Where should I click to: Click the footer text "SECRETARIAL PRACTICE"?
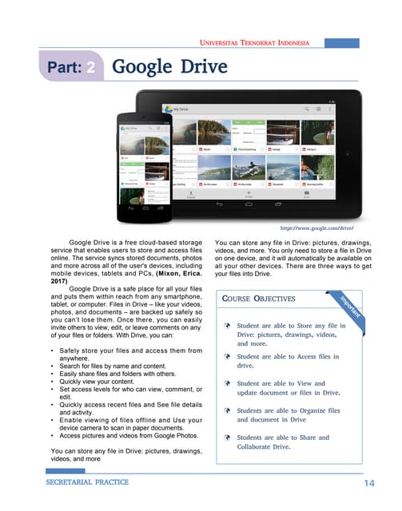tap(87, 483)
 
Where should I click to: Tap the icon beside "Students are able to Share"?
tap(228, 438)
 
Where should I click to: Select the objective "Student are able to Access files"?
tap(288, 361)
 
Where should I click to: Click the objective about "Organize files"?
tap(288, 414)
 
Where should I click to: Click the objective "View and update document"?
tap(288, 388)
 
